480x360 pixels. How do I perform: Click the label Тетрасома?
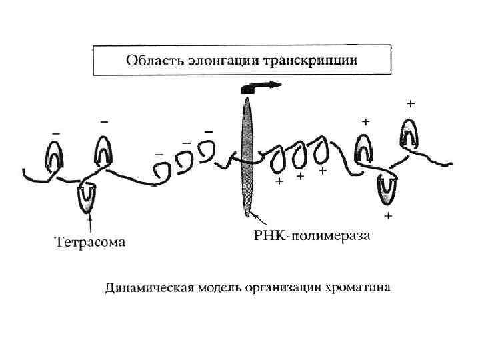(x=89, y=241)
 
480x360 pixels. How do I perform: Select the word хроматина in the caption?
(x=358, y=289)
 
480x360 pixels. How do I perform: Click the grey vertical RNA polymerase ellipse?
(x=248, y=157)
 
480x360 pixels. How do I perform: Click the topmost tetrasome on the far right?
(x=409, y=133)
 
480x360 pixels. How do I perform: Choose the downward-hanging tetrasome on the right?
(x=387, y=189)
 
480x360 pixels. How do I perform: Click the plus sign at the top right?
(x=411, y=104)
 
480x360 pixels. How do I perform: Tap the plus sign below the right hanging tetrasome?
(x=388, y=217)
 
